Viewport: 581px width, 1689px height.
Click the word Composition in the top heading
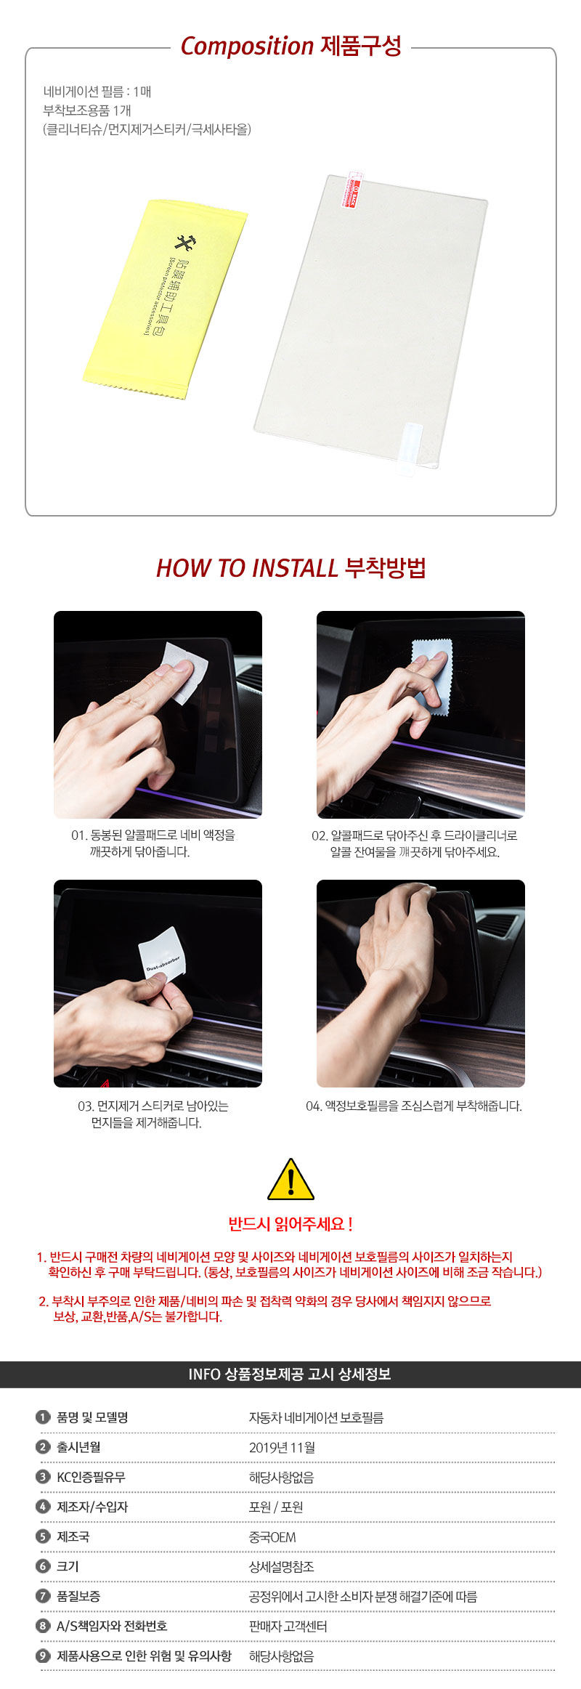tap(247, 46)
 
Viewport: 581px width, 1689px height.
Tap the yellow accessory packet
tap(166, 299)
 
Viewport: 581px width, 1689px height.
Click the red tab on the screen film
tap(354, 190)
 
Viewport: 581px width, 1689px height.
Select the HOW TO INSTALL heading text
tap(247, 568)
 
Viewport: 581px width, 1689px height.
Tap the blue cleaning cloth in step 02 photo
tap(433, 676)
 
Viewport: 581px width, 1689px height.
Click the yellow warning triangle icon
tap(290, 1180)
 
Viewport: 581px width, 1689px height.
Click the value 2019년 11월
tap(282, 1448)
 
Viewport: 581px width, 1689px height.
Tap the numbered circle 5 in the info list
tap(43, 1536)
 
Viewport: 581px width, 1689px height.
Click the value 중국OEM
tap(272, 1537)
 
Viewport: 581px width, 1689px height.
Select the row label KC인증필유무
tap(91, 1477)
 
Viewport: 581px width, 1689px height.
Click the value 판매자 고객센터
tap(288, 1627)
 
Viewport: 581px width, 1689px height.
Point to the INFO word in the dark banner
tap(204, 1374)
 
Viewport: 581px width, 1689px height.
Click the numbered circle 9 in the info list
tap(43, 1656)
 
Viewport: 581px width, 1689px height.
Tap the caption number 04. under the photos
tap(314, 1106)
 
